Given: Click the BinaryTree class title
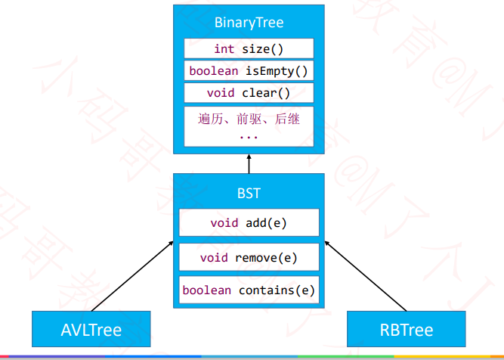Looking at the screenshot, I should (249, 22).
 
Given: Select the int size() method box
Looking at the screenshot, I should (249, 49).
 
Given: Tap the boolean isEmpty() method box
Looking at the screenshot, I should (249, 71).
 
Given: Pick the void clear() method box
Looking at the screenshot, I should (249, 93).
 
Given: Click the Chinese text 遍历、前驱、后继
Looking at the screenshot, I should (249, 119).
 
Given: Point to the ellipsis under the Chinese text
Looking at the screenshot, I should (249, 137).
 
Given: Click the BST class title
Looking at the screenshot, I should (249, 194).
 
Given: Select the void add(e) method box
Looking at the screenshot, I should (249, 223).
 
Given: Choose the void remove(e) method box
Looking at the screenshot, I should (249, 257).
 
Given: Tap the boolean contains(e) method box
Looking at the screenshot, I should (249, 290).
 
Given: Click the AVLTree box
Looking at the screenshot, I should (91, 330).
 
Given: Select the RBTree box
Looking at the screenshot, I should (406, 330).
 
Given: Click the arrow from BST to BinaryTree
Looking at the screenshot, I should (249, 162).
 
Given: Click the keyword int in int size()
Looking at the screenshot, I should (224, 49).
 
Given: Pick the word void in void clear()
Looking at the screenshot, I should (220, 93).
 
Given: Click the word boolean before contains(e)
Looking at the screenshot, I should (207, 290).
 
